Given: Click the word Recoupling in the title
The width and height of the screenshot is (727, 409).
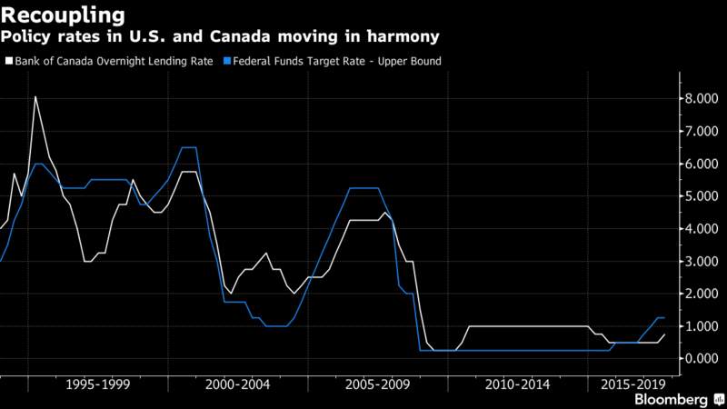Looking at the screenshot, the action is (x=63, y=16).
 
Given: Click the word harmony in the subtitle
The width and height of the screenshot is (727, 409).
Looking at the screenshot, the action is (x=403, y=36).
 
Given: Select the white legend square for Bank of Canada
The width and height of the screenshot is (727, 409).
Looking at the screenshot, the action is (x=9, y=61).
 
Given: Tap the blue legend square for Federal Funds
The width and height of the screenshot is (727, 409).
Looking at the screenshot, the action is (x=227, y=61).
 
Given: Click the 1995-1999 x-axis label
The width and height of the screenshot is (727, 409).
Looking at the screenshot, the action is (x=98, y=384).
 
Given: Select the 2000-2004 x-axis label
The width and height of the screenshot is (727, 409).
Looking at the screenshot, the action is (x=237, y=384).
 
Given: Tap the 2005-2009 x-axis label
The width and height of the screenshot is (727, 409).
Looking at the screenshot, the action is (x=377, y=384).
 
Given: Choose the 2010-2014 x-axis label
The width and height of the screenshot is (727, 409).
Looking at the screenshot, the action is (x=517, y=384).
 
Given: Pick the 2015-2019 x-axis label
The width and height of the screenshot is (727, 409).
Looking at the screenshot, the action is (x=633, y=384).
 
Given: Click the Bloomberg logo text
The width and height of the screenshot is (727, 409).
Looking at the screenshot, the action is (x=671, y=399).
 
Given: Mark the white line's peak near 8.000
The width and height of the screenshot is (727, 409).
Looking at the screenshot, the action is (x=35, y=97).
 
